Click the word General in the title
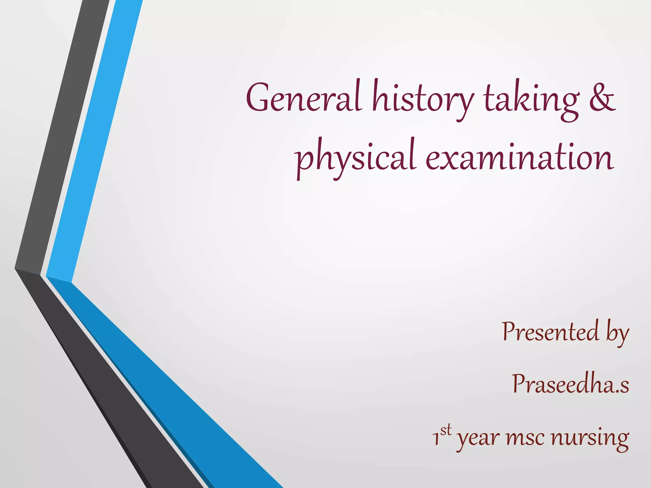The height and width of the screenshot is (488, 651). coord(304,97)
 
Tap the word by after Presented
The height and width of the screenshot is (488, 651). coord(617,334)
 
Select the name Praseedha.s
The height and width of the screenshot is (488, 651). coord(570,384)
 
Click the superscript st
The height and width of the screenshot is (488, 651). coord(446,430)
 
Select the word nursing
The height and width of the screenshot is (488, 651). coord(590,438)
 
